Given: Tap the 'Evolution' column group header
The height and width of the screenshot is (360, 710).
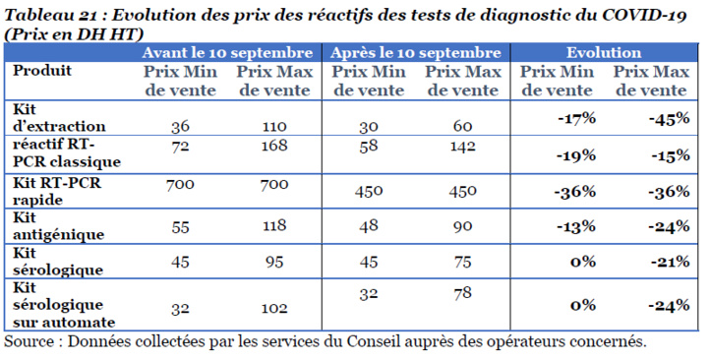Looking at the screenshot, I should [604, 52].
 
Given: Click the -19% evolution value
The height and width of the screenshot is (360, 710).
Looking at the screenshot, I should [576, 154].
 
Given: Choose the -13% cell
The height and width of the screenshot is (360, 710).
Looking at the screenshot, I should [576, 226].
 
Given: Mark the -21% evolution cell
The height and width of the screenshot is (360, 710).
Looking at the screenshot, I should [668, 262].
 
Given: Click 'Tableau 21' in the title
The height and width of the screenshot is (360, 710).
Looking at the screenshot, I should [51, 13].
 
